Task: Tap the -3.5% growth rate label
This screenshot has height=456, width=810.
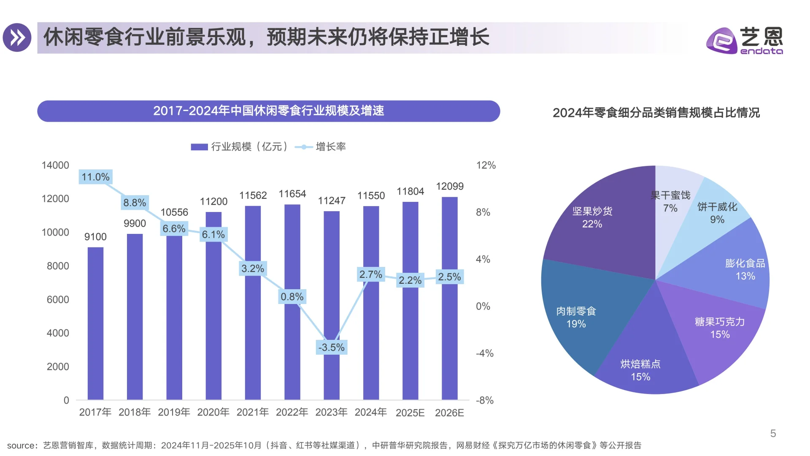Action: coord(331,347)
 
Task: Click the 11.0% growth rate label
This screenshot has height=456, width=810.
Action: coord(95,177)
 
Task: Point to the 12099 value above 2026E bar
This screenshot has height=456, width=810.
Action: coord(449,186)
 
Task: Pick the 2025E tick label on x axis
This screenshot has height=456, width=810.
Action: coord(410,413)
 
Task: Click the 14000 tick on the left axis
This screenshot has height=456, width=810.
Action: coord(55,165)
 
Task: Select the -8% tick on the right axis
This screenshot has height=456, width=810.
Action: coord(484,400)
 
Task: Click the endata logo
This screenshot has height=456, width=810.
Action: coord(744,41)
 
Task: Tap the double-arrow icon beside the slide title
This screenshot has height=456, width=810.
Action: coord(17,38)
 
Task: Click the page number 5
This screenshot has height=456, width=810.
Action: coord(773,434)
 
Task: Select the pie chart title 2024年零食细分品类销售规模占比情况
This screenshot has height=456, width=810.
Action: coord(656,113)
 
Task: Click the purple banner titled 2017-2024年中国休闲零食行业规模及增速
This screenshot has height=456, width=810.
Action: coord(268,111)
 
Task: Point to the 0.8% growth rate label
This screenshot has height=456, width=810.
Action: coord(292,297)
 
